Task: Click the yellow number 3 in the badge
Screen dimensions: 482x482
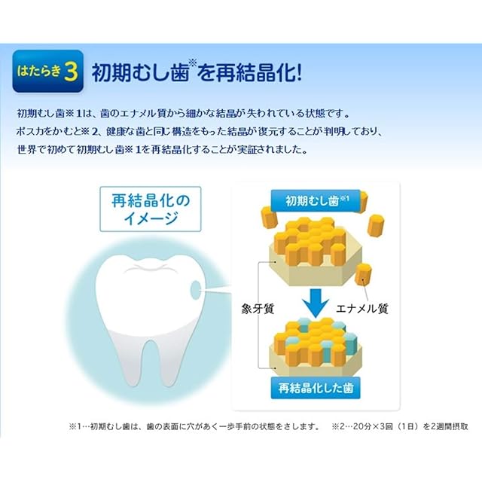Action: [x=71, y=72]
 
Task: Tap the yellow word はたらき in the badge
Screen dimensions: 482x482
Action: [x=39, y=72]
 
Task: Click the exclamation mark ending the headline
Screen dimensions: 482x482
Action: [x=299, y=72]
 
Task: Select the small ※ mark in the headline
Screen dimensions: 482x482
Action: [x=193, y=63]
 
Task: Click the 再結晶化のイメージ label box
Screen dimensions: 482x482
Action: [x=151, y=209]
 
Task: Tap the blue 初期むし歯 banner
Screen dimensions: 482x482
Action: [x=316, y=201]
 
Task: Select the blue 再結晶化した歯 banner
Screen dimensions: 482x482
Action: [x=316, y=388]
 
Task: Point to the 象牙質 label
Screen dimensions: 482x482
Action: [x=258, y=309]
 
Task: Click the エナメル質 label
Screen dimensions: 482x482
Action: [x=362, y=309]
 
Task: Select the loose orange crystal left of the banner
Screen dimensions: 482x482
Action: [x=270, y=218]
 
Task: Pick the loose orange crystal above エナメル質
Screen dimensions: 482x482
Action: [x=363, y=274]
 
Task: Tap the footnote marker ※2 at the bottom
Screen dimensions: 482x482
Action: [x=338, y=427]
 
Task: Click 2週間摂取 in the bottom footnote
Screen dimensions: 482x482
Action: [x=450, y=427]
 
